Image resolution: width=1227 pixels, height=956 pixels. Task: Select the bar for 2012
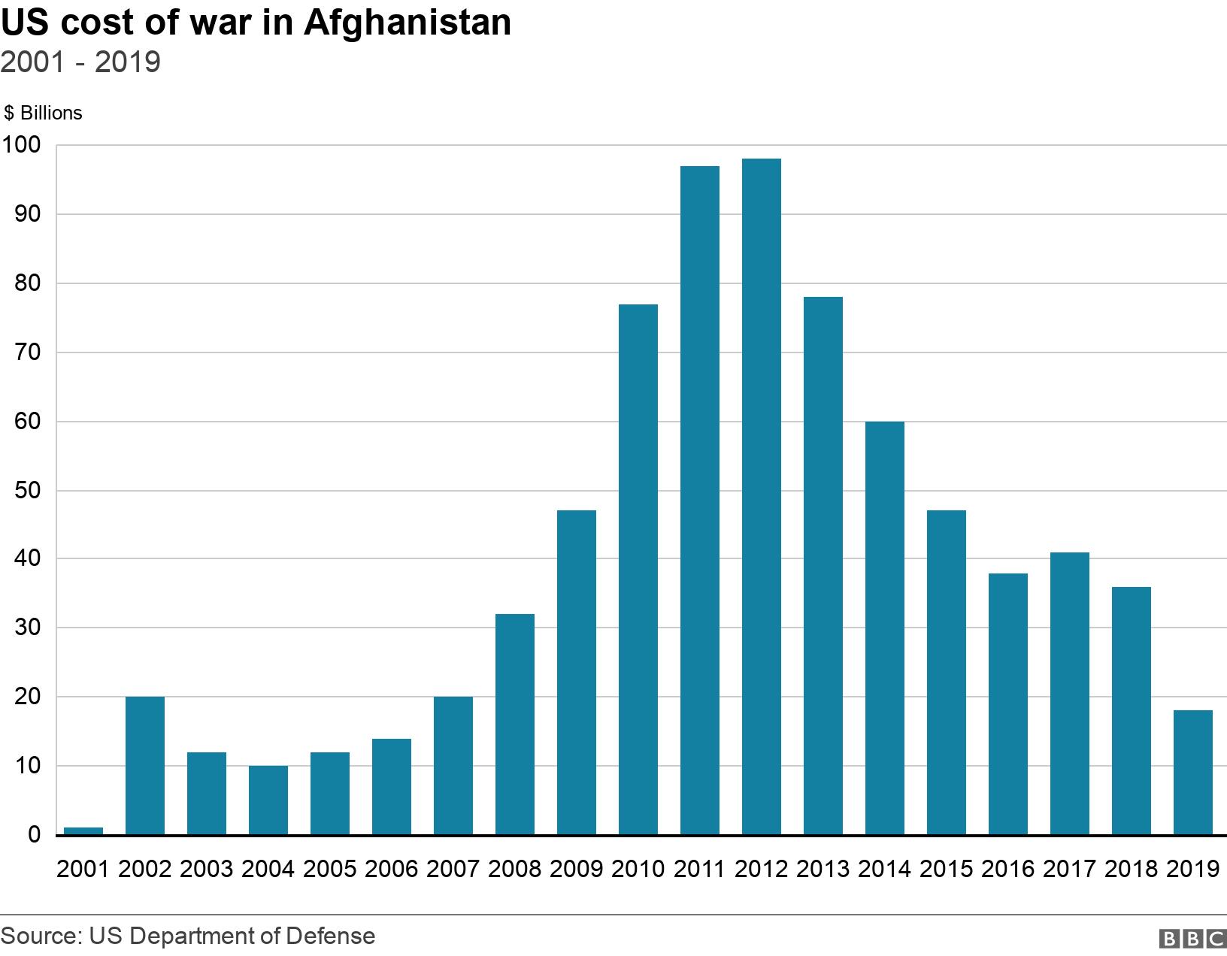click(x=761, y=496)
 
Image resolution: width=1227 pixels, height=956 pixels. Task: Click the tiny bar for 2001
click(x=83, y=830)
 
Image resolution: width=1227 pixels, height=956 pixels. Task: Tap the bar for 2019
click(x=1192, y=772)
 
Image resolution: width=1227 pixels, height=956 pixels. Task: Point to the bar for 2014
click(x=884, y=628)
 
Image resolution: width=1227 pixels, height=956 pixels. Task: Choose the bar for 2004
click(x=268, y=800)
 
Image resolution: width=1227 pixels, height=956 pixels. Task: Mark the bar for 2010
click(x=638, y=569)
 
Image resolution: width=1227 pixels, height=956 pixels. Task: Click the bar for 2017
click(x=1069, y=693)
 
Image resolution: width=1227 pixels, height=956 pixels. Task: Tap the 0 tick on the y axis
click(x=34, y=835)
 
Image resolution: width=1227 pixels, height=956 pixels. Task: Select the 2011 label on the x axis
click(x=699, y=870)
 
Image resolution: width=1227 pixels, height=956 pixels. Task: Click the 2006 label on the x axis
click(x=391, y=870)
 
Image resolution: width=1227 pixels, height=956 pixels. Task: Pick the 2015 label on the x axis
click(x=946, y=870)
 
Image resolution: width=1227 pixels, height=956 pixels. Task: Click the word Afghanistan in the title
click(x=407, y=23)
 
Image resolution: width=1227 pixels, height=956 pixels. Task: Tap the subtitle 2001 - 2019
click(x=80, y=62)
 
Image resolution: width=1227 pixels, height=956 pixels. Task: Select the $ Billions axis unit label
click(x=43, y=113)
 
